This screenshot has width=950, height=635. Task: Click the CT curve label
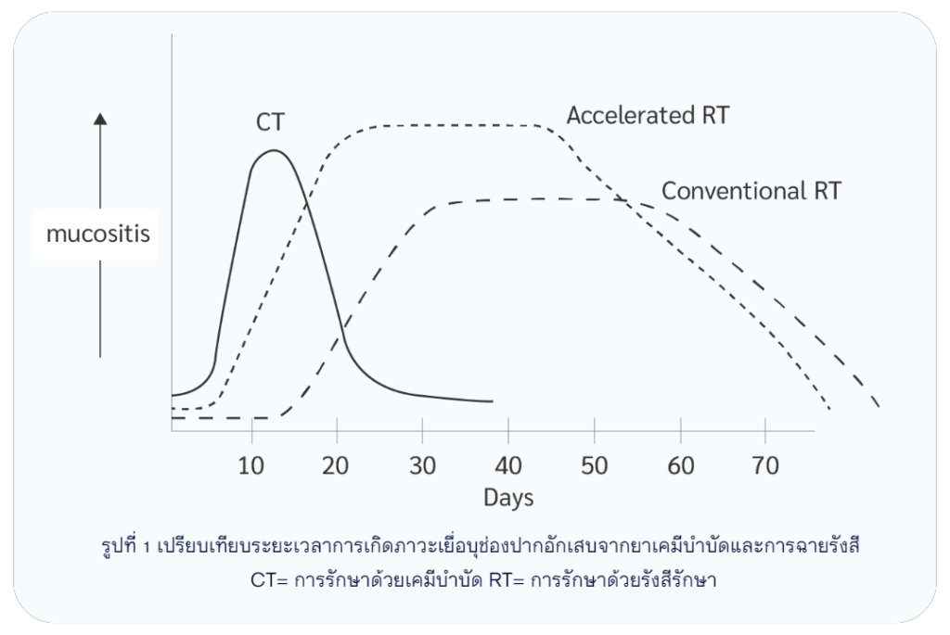point(271,121)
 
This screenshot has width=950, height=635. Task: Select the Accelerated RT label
point(648,116)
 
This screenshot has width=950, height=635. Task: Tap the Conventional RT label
point(751,191)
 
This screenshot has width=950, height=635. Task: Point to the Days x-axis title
point(508,498)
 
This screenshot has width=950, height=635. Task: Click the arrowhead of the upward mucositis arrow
point(100,118)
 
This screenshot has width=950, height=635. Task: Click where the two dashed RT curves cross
point(623,200)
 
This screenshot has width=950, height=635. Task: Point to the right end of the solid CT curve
point(492,402)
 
